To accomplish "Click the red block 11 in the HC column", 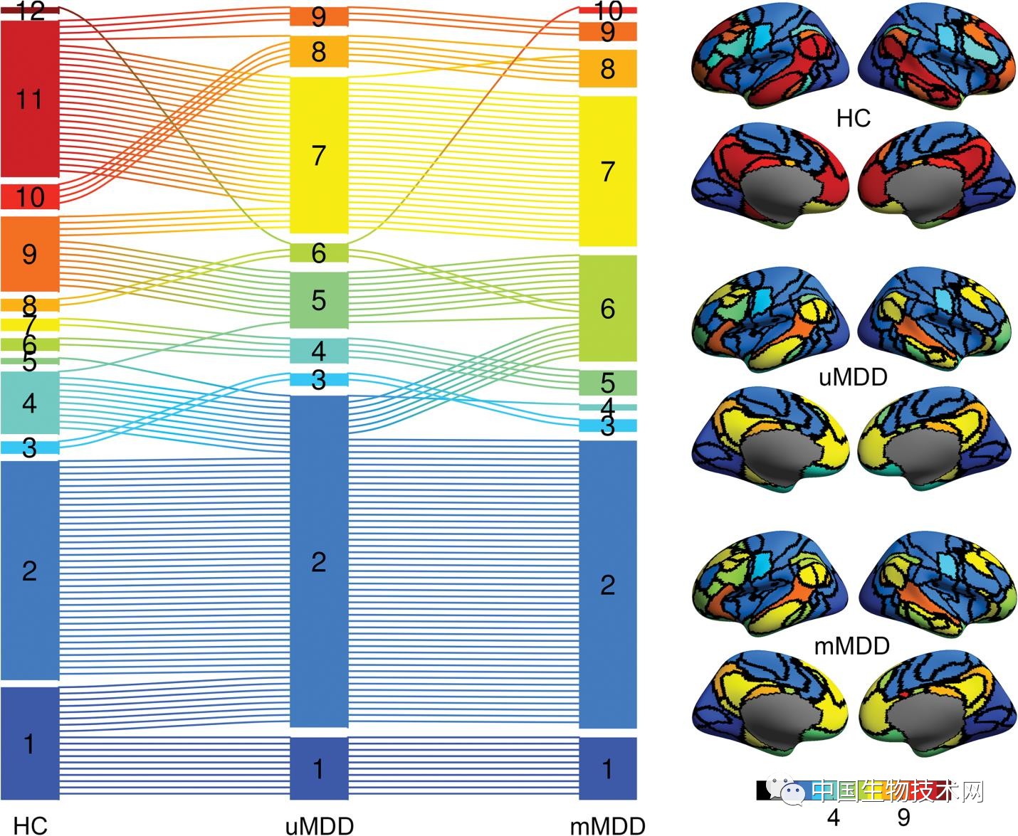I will click(x=29, y=99).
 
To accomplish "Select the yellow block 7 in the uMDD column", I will click(x=319, y=155).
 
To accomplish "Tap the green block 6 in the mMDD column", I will click(x=607, y=308).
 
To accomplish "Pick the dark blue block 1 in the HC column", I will click(x=29, y=744).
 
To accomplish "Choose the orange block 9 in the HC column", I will click(x=29, y=253).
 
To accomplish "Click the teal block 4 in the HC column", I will click(x=29, y=403).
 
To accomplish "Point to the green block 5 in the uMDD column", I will click(x=319, y=300).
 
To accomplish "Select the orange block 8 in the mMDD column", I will click(x=607, y=68).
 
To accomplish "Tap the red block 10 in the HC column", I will click(x=29, y=196).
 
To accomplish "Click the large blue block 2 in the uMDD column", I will click(x=319, y=562).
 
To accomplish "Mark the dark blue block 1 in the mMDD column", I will click(x=607, y=768).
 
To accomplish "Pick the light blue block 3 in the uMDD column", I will click(x=319, y=380).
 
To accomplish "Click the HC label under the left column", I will click(x=31, y=825).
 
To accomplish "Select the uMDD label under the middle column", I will click(x=319, y=825).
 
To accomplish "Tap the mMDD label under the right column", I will click(x=607, y=825).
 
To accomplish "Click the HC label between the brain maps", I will click(x=853, y=118).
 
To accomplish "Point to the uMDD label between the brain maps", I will click(x=853, y=376).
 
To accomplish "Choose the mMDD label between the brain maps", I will click(x=851, y=646).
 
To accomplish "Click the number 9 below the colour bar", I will click(x=903, y=818).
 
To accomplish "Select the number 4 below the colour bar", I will click(x=833, y=818).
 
